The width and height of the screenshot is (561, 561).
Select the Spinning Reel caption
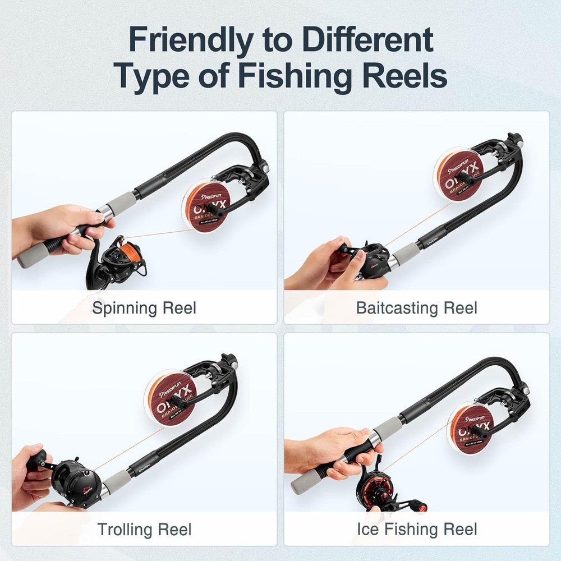[x=144, y=308]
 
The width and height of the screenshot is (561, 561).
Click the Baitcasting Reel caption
[x=417, y=308]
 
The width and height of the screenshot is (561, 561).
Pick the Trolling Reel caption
[x=144, y=529]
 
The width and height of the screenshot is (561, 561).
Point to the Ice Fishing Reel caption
[x=417, y=529]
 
